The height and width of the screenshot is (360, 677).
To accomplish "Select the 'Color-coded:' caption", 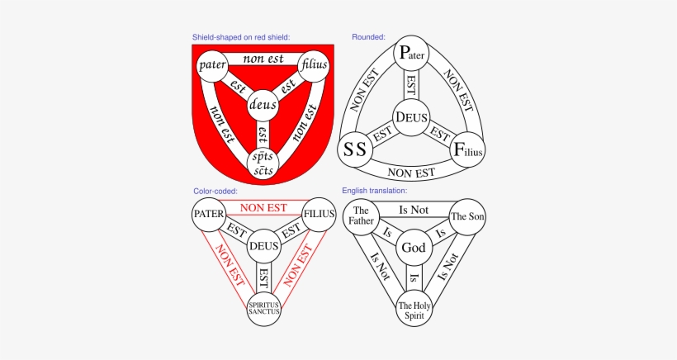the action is point(215,191).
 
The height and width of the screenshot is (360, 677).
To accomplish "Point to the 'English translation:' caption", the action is point(375,191).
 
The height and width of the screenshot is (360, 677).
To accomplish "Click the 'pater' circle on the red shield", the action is point(212,64).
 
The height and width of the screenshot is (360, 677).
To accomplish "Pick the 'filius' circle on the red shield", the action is point(315,64).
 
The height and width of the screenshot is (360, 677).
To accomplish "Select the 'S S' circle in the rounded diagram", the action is point(355,149).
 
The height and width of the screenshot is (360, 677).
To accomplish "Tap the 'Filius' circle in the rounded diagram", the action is point(467,149).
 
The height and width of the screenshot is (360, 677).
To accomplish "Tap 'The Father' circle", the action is point(360,219).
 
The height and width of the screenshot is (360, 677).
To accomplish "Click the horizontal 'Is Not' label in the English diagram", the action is point(413,211).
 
